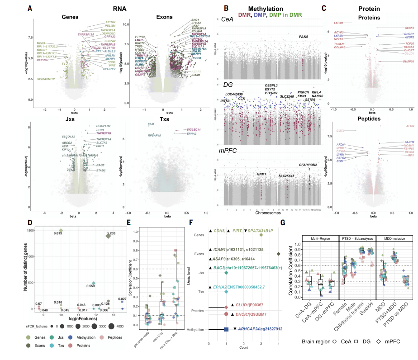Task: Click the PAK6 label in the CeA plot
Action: point(303,37)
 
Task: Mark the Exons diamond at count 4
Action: point(278,254)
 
